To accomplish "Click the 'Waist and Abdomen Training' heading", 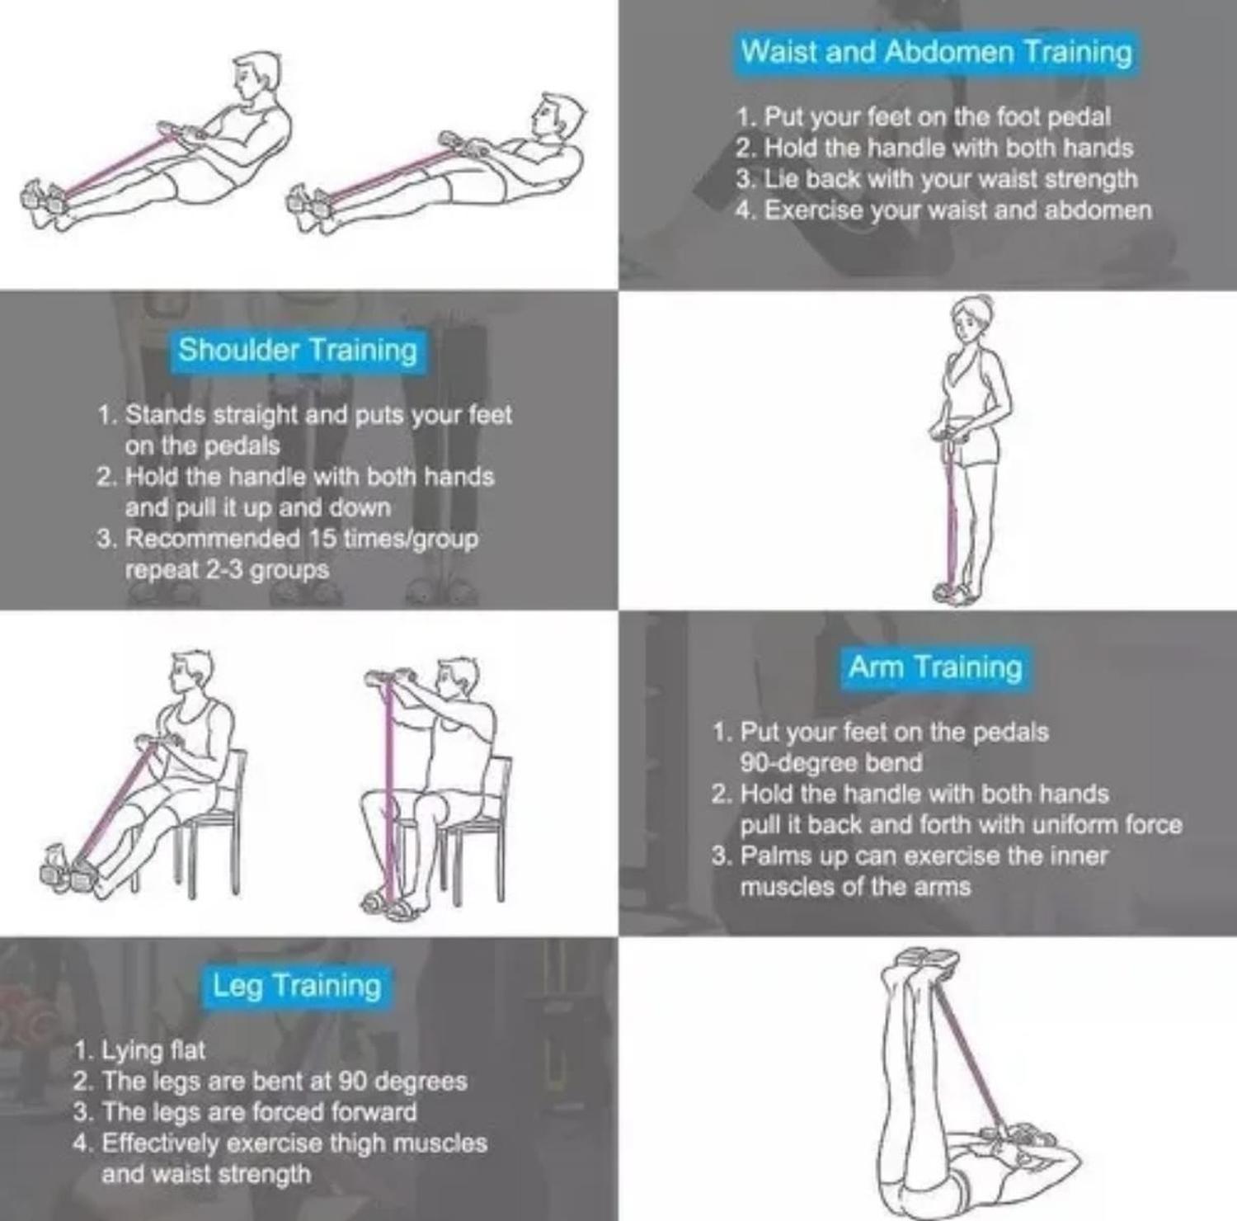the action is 936,51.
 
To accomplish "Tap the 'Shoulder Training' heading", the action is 298,350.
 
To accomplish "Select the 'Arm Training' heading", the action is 935,666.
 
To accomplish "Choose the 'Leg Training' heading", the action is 297,985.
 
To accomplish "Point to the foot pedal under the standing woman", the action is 955,592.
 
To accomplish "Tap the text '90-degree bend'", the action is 830,762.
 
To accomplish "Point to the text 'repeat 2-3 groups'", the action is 227,570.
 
